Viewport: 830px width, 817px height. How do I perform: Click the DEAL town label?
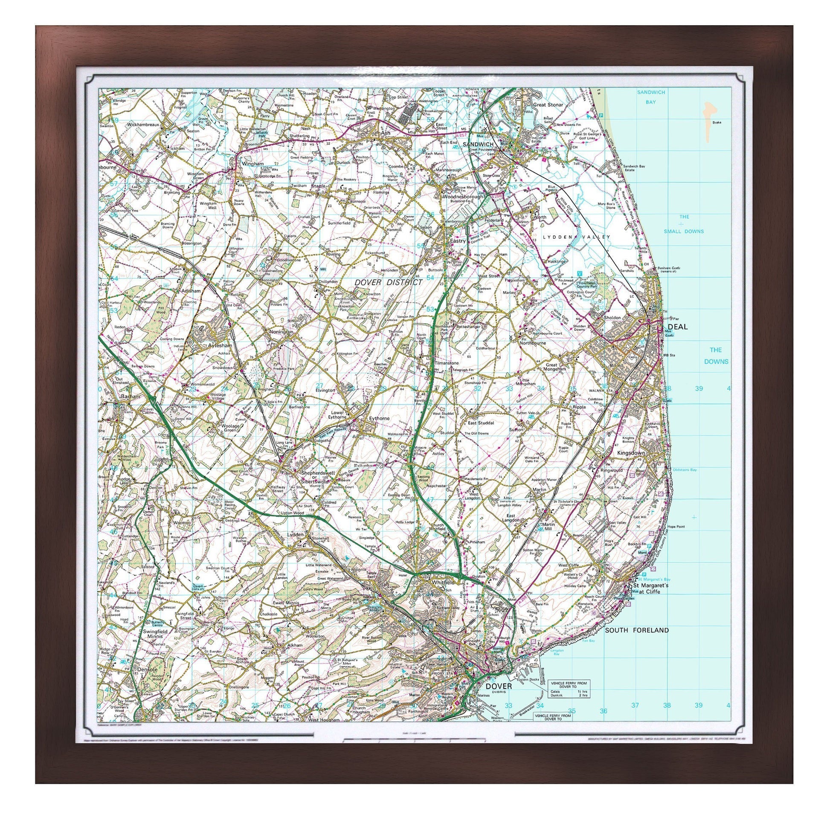tap(677, 327)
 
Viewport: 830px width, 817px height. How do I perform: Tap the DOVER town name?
tap(499, 686)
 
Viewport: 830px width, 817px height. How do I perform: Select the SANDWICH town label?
tap(478, 144)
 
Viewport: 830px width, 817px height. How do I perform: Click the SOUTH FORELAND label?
tap(636, 630)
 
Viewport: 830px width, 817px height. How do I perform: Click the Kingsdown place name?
tap(631, 453)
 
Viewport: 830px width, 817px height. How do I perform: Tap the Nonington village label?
tap(281, 332)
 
